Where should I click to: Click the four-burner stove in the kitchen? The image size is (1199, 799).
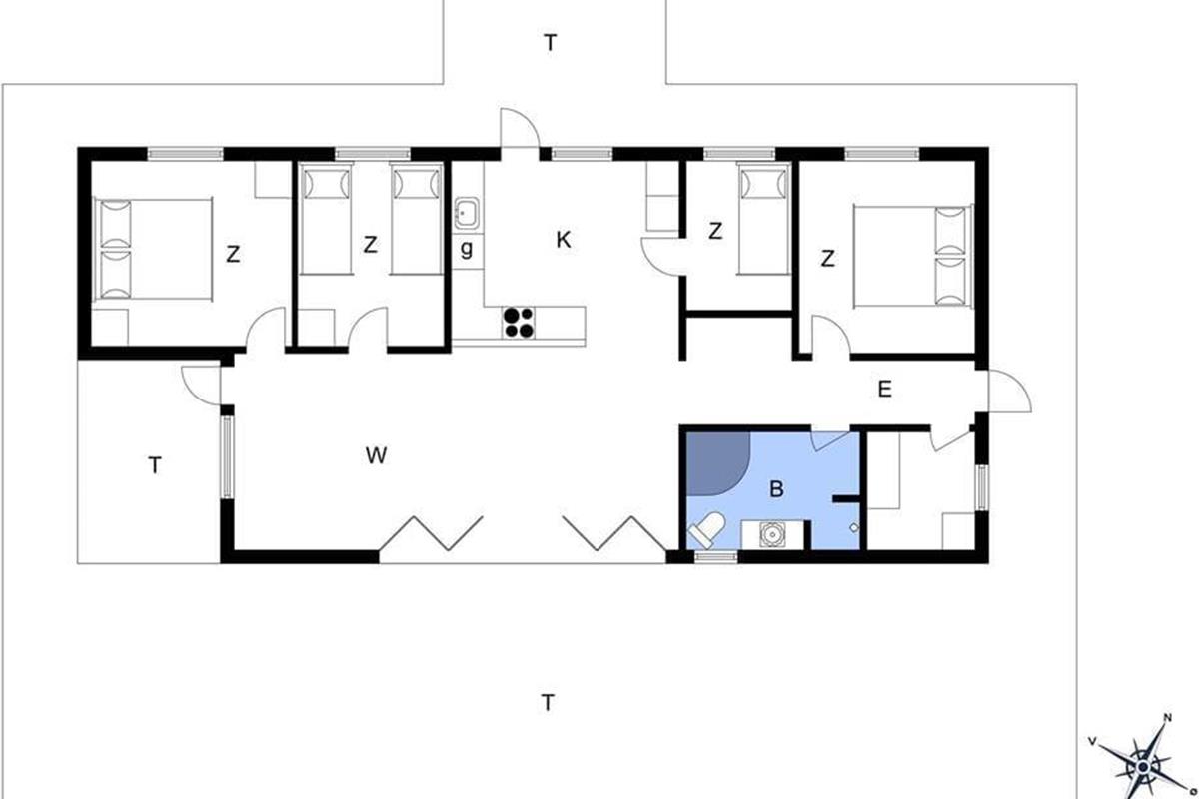click(519, 323)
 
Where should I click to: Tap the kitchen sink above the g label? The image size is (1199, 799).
click(468, 213)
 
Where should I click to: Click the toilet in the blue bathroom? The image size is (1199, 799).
click(707, 529)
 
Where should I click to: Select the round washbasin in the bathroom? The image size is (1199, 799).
click(772, 534)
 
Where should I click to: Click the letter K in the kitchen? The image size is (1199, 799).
click(564, 240)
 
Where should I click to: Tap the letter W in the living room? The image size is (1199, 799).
click(376, 455)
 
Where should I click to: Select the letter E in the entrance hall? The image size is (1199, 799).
click(885, 390)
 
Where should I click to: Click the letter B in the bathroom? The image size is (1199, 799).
click(776, 488)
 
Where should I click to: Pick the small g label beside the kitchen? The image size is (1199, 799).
click(467, 249)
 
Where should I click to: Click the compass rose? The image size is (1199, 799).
click(1142, 767)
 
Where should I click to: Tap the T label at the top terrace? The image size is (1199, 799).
click(551, 42)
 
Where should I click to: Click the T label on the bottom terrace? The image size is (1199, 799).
click(548, 703)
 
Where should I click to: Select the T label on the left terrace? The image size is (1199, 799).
click(155, 465)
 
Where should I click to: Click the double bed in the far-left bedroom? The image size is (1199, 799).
click(153, 249)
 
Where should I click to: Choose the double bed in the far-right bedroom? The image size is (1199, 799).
click(912, 256)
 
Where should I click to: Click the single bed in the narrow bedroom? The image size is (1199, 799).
click(764, 219)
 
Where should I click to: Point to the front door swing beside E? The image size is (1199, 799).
click(1010, 392)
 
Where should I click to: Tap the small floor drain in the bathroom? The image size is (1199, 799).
click(854, 528)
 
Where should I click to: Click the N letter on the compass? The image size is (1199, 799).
click(1167, 718)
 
